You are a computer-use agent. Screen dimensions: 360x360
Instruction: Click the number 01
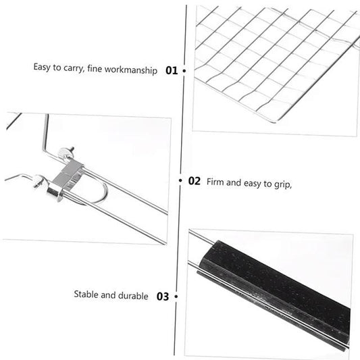tap(172, 70)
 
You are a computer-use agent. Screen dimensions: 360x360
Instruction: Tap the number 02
tap(194, 181)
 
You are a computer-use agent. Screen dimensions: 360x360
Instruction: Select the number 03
tap(163, 296)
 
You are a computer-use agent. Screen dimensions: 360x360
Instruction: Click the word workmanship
tap(134, 69)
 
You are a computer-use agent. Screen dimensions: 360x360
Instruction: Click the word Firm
tap(215, 182)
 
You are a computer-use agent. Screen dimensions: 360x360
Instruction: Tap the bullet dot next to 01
tap(184, 70)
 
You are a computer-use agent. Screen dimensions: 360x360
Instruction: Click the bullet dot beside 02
tap(180, 181)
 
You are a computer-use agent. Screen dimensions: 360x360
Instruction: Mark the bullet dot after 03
tap(176, 296)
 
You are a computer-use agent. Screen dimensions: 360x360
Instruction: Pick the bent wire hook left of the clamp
tap(20, 177)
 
